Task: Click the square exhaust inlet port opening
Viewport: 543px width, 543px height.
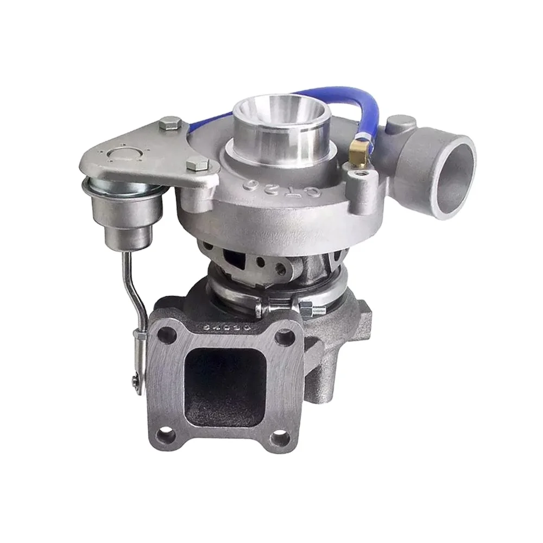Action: coord(225,385)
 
